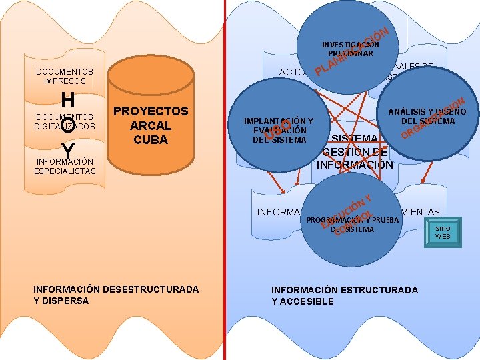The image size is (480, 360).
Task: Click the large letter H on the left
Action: point(67,101)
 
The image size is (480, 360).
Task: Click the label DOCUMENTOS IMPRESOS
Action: point(64,76)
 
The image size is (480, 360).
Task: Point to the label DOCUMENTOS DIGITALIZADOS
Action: point(64,121)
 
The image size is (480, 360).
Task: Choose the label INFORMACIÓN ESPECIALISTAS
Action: point(64,166)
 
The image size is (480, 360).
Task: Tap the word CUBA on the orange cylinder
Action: point(151,140)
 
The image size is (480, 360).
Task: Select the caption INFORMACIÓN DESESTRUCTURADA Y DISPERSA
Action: point(115,295)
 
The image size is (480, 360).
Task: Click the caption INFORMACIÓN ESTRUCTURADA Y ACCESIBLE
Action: point(344,295)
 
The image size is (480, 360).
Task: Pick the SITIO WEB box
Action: point(443,232)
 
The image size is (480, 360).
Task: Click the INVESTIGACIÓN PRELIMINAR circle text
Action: point(350,49)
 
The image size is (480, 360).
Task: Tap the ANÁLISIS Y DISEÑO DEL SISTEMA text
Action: point(428,116)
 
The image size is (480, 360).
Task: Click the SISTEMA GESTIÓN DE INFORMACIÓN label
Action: point(354,151)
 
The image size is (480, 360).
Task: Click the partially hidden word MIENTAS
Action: point(420,212)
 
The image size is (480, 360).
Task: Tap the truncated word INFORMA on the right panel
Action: point(279,213)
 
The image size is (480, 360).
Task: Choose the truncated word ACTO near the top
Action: point(291,72)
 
